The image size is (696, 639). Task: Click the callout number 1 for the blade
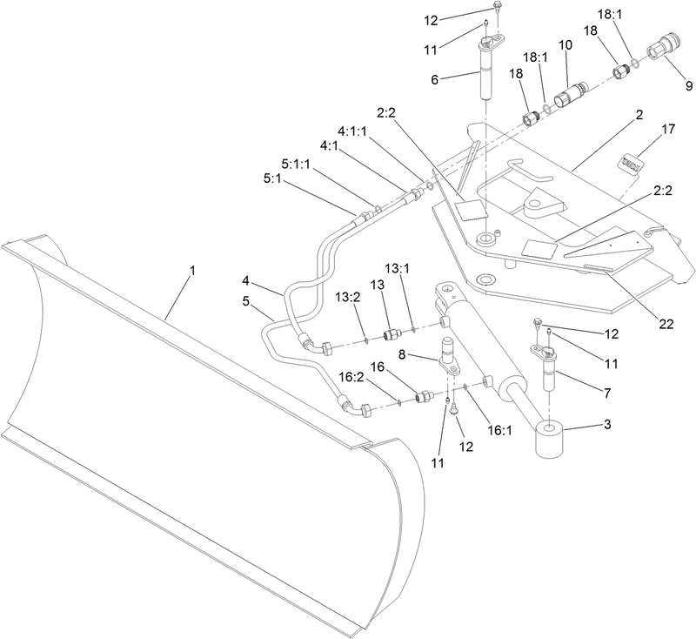click(193, 271)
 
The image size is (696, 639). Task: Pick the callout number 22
click(666, 324)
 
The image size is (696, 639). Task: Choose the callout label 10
click(566, 43)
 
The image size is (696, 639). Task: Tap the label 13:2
click(348, 297)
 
